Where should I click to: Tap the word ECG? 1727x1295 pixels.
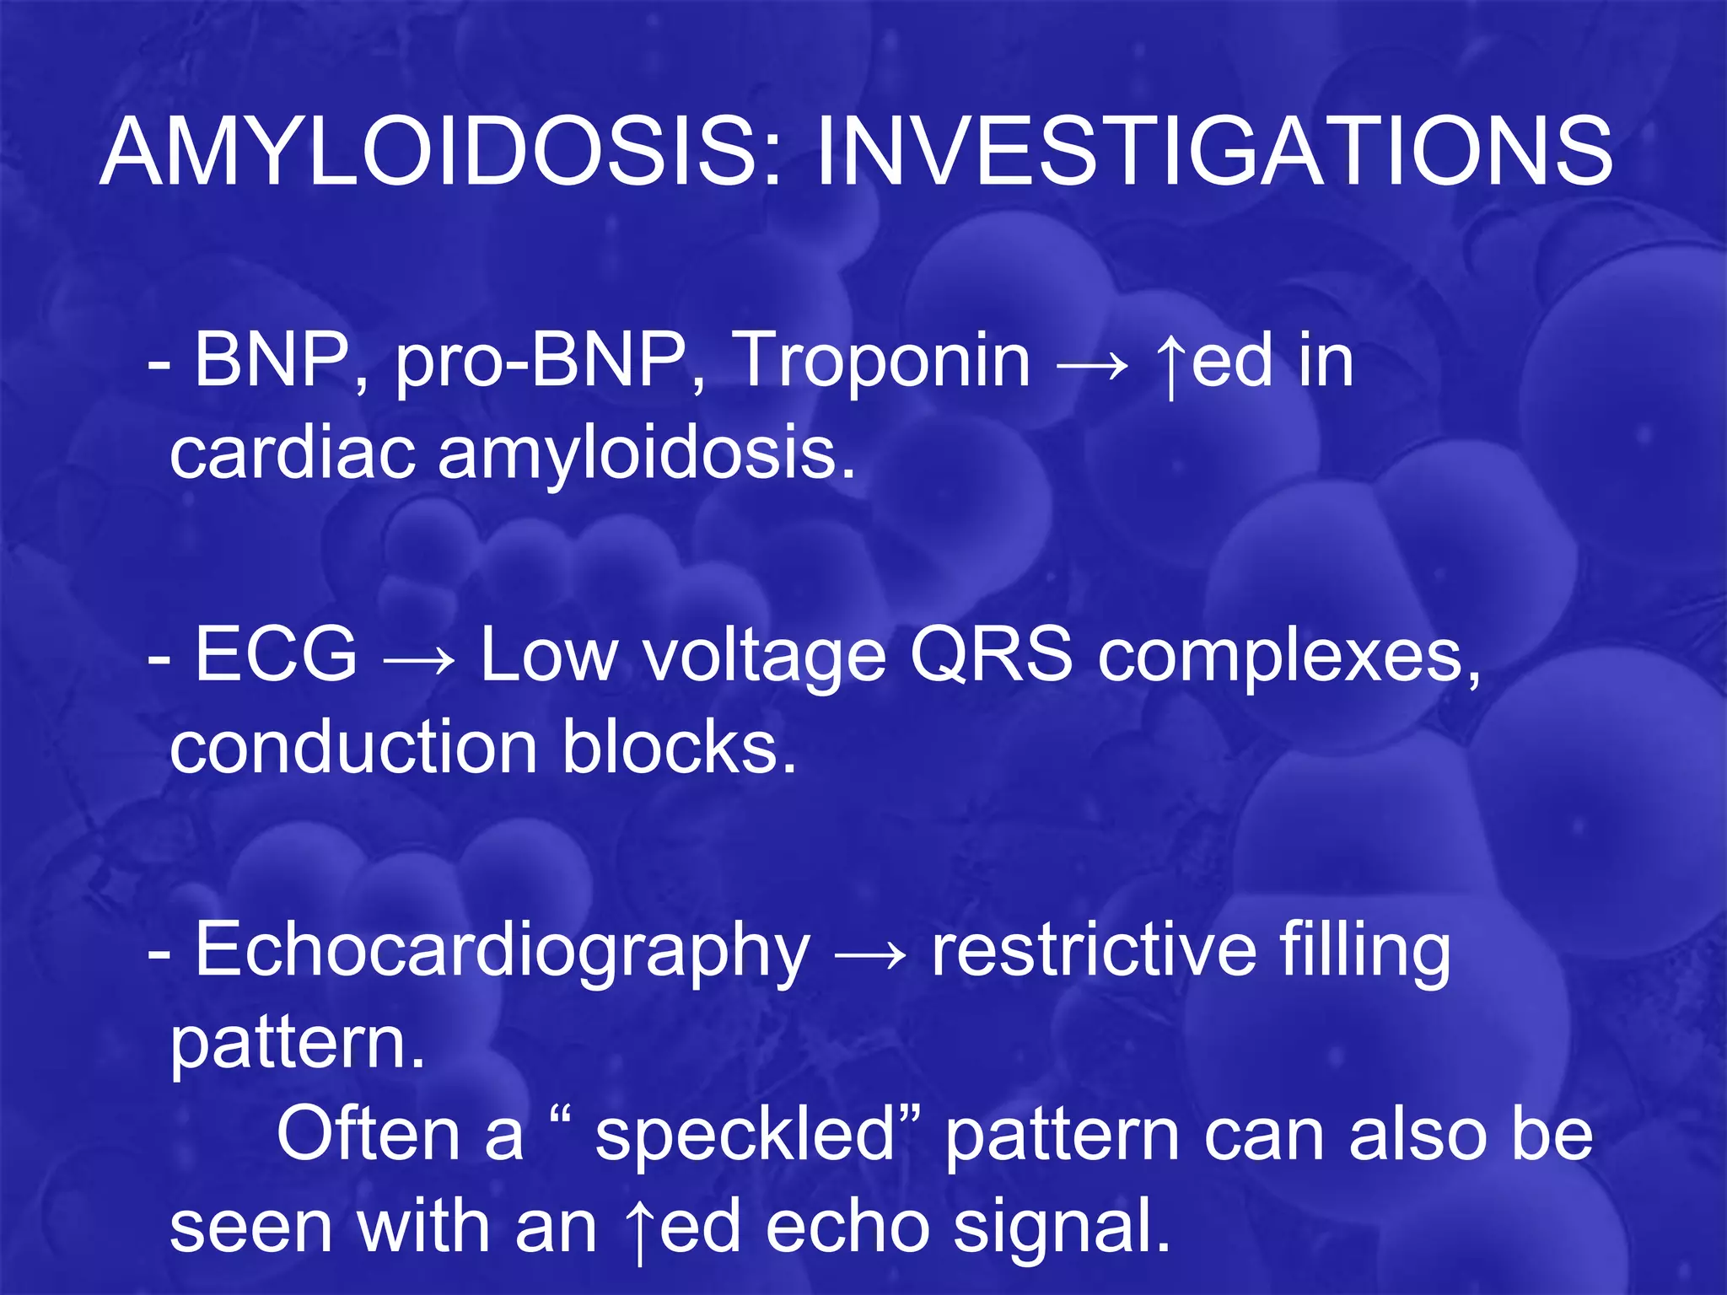[276, 655]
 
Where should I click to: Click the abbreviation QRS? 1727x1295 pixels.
[990, 656]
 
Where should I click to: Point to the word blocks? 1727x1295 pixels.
[678, 747]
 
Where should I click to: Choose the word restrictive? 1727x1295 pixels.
[1093, 949]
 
